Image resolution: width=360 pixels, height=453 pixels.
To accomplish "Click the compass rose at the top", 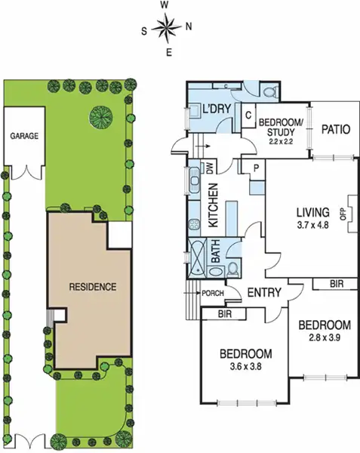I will click(x=166, y=29).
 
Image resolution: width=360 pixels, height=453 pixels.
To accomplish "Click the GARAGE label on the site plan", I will click(x=24, y=137).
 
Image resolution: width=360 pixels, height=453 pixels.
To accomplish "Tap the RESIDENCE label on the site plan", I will click(x=92, y=287).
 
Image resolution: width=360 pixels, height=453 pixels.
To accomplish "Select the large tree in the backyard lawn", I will click(x=101, y=116).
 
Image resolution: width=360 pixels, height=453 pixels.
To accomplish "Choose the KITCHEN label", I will click(x=214, y=205).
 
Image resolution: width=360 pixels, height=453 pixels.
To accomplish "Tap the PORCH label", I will click(x=210, y=293).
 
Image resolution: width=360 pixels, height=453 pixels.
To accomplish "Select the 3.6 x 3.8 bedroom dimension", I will click(x=245, y=368).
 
